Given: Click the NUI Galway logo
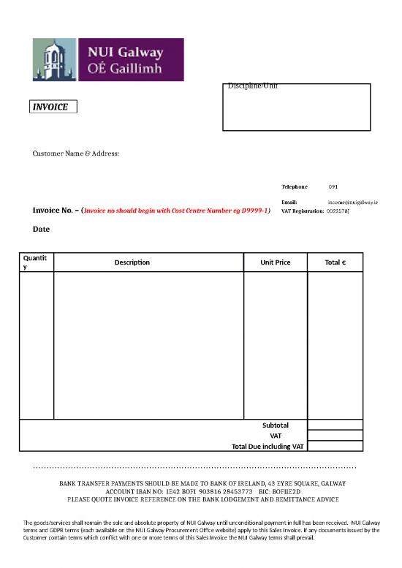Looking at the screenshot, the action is (108, 60).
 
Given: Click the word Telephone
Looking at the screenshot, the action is (295, 187).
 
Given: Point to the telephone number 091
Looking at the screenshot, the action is (333, 187).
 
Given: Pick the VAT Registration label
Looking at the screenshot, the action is (303, 211).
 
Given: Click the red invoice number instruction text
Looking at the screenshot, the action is (178, 211).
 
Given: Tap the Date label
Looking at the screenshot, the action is (41, 229).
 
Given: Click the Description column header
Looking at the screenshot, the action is (132, 262).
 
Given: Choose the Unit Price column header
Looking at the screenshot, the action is (275, 262).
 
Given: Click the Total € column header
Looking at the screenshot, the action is (335, 262).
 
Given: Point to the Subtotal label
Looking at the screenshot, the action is (276, 425).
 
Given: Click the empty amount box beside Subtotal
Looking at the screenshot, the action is (335, 425).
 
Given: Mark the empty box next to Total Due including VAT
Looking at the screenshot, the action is (335, 446).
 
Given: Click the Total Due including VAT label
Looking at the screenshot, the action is (268, 446).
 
